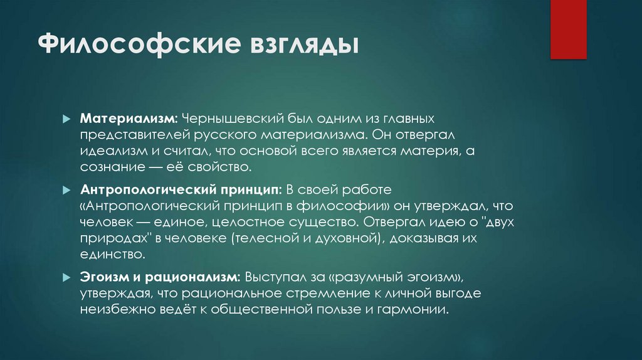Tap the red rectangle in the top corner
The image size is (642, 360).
point(568,29)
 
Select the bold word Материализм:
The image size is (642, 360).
point(129,119)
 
